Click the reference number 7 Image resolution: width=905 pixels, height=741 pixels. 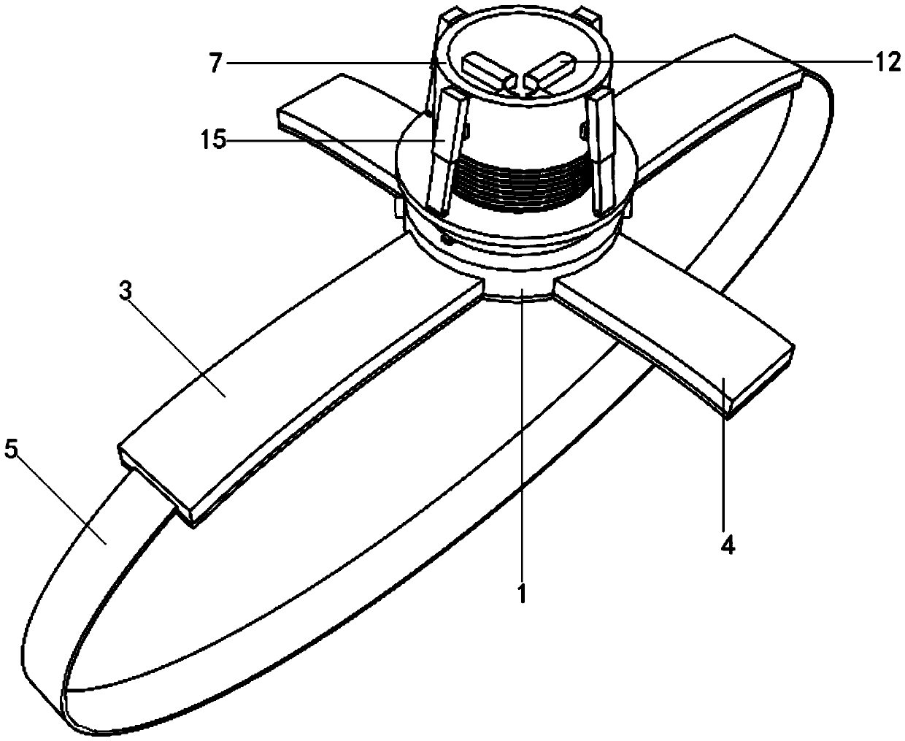214,64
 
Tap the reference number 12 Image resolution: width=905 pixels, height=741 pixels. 888,64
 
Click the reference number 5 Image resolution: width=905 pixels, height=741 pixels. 10,450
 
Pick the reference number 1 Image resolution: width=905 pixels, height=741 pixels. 522,595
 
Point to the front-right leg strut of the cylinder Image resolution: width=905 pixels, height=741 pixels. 605,153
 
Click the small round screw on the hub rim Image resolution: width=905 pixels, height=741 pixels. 447,239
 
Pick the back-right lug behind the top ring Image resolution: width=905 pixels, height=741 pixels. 589,13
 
